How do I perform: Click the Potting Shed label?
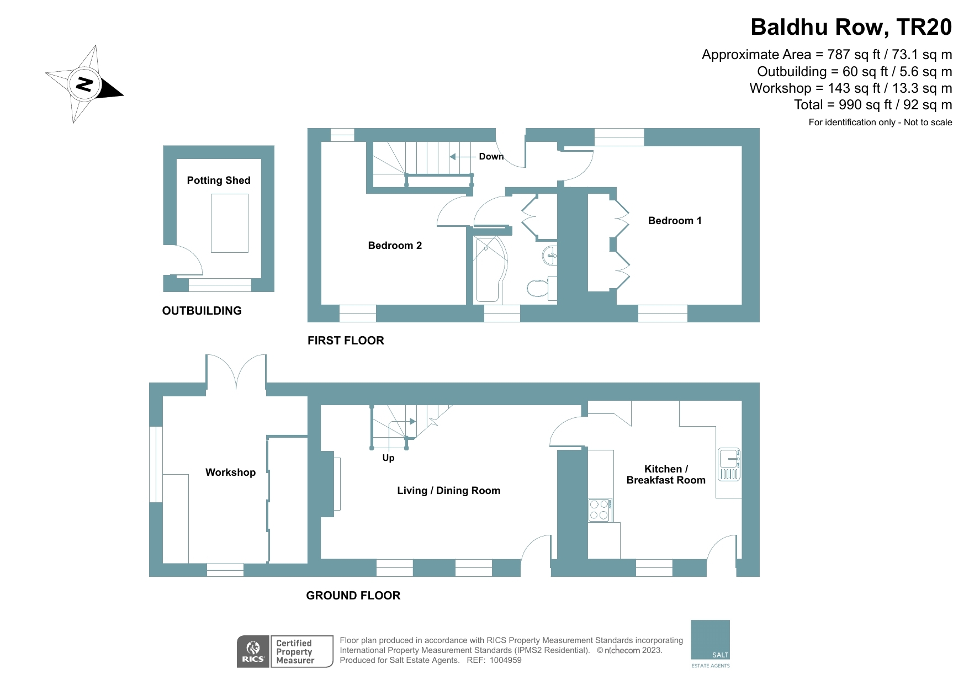click(x=219, y=180)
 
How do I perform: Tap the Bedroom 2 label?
click(x=395, y=246)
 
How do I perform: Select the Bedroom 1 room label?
click(x=675, y=221)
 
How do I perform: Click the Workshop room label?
click(x=230, y=472)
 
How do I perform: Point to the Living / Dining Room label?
click(x=448, y=491)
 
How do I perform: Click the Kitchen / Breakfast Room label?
click(x=666, y=475)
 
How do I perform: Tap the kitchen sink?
click(x=729, y=464)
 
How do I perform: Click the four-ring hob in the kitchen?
click(x=599, y=510)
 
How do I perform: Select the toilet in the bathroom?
click(x=538, y=288)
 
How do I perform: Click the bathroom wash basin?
click(x=550, y=255)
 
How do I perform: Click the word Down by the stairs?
click(x=491, y=157)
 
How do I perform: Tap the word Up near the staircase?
click(x=388, y=458)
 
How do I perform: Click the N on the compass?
click(x=84, y=84)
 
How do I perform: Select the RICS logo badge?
click(x=253, y=652)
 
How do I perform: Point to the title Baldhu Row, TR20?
click(x=851, y=27)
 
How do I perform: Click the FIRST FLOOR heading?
click(x=346, y=341)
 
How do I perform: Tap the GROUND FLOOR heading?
click(x=353, y=596)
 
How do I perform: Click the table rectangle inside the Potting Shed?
click(x=230, y=223)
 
